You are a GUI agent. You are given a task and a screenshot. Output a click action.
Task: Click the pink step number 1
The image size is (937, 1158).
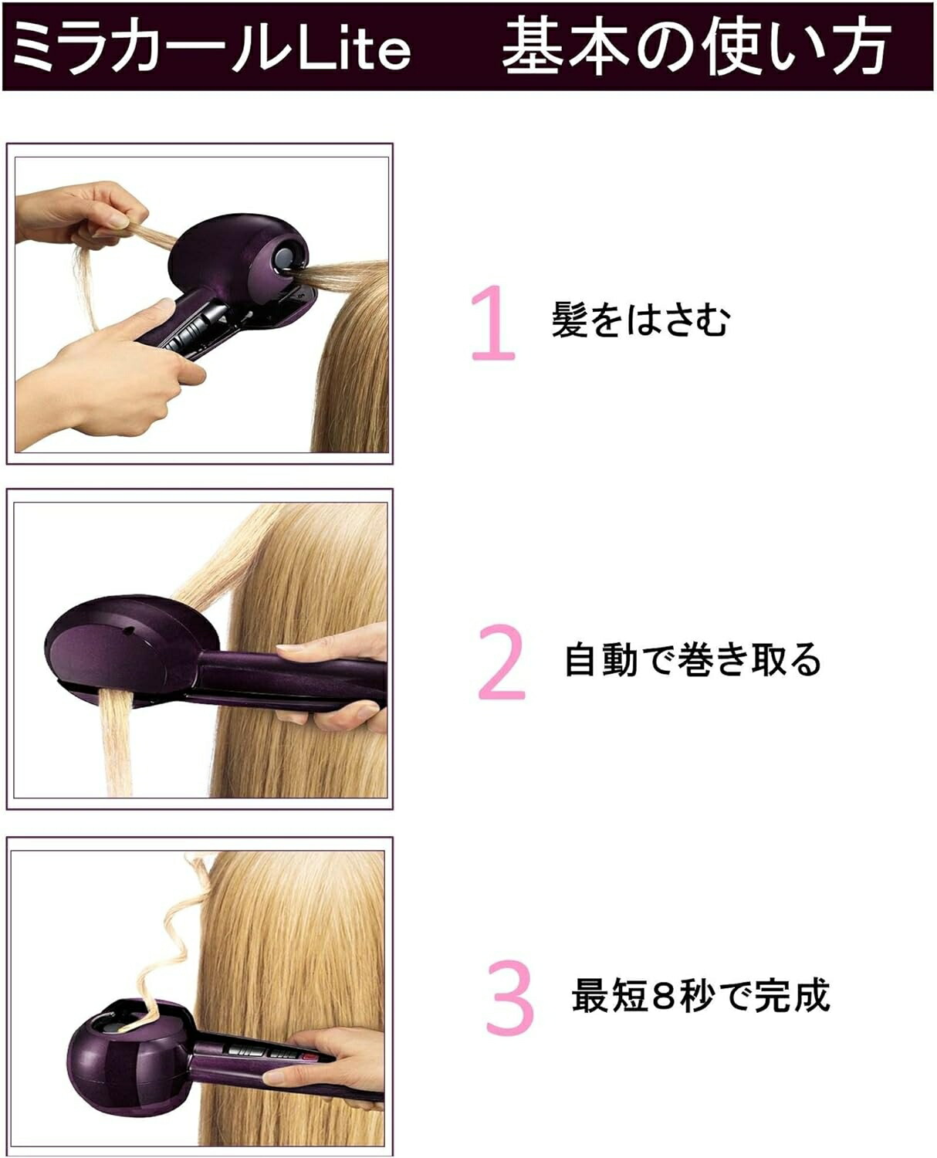point(493,323)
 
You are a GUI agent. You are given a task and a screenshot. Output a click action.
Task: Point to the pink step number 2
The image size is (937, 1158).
point(502,662)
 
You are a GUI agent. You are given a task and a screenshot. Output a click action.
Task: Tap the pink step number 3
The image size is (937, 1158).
point(509,997)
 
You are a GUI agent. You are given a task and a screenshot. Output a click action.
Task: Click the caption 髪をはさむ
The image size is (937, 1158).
point(640,320)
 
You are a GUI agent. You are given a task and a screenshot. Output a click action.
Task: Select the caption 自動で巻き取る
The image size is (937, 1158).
point(692,661)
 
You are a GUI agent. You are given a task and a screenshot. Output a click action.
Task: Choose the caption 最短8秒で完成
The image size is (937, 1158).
point(700,996)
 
